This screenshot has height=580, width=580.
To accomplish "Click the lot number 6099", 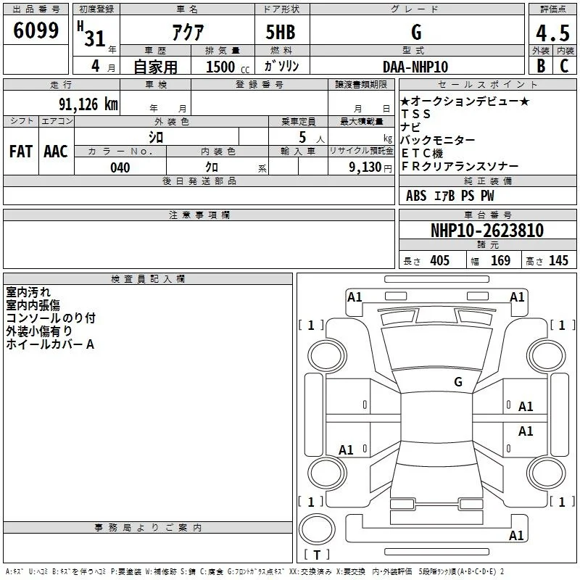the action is [x=36, y=30].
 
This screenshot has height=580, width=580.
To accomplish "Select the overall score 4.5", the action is [x=552, y=33].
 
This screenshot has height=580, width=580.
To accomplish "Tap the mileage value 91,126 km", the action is [x=88, y=104].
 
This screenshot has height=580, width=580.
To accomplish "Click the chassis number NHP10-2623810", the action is [x=487, y=231].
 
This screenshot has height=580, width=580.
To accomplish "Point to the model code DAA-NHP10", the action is [x=415, y=67].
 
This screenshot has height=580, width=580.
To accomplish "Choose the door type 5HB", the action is [x=281, y=32].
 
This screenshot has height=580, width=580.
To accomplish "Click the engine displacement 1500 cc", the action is [x=228, y=67].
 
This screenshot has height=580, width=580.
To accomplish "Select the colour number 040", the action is [x=120, y=167].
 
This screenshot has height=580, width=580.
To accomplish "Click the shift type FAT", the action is [x=21, y=152].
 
